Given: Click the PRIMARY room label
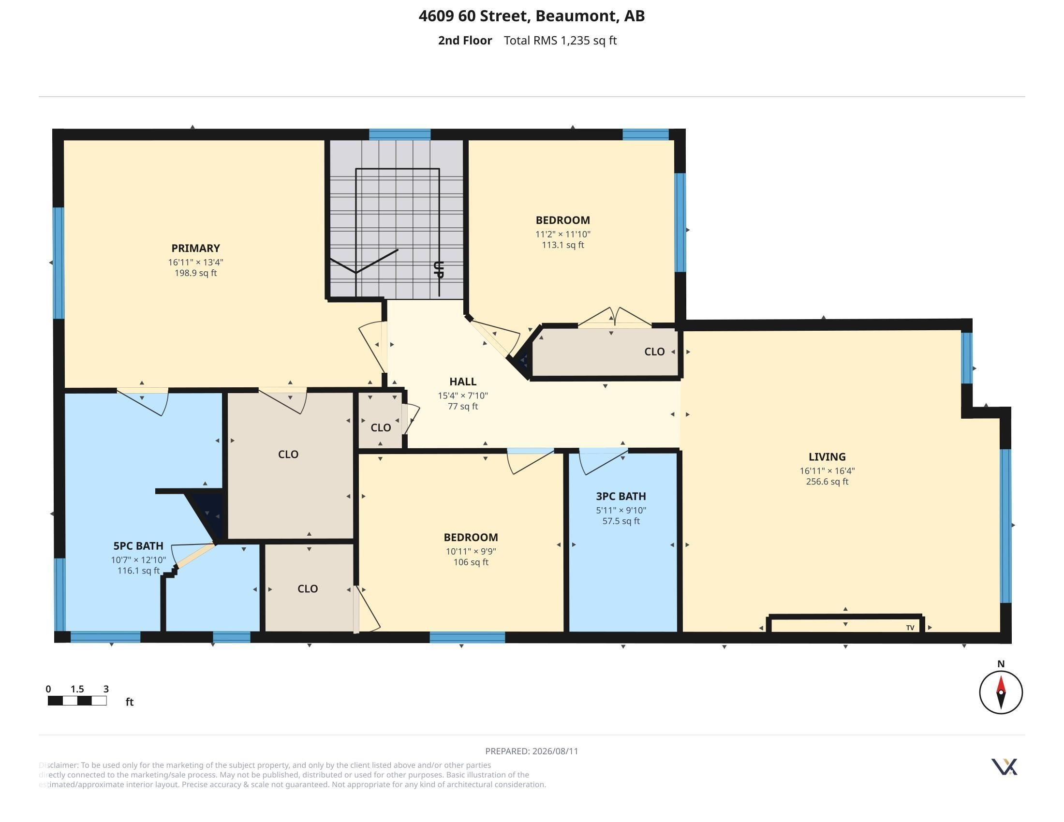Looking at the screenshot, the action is pyautogui.click(x=195, y=249).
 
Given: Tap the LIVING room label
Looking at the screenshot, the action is pyautogui.click(x=827, y=457).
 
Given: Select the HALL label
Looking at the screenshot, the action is pyautogui.click(x=462, y=382).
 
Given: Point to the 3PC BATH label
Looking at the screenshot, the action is pyautogui.click(x=621, y=496).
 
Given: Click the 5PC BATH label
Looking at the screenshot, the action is pyautogui.click(x=138, y=546).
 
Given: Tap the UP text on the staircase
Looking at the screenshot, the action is pyautogui.click(x=439, y=269).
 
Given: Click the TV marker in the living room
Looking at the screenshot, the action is pyautogui.click(x=910, y=628).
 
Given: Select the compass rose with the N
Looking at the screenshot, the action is pyautogui.click(x=1001, y=692).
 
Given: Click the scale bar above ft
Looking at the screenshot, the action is pyautogui.click(x=77, y=701).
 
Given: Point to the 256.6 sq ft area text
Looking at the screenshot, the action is pyautogui.click(x=827, y=482).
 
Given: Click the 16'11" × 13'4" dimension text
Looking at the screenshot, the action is pyautogui.click(x=195, y=262).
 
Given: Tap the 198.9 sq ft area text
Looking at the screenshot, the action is pyautogui.click(x=195, y=273).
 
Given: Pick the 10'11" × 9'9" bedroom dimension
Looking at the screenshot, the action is pyautogui.click(x=471, y=551).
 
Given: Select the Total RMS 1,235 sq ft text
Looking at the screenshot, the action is pyautogui.click(x=560, y=41).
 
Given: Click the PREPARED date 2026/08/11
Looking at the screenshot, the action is pyautogui.click(x=532, y=751).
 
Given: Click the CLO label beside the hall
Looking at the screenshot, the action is pyautogui.click(x=381, y=427).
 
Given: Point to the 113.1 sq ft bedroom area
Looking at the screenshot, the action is pyautogui.click(x=562, y=245).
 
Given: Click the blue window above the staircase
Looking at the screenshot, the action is pyautogui.click(x=399, y=134).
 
